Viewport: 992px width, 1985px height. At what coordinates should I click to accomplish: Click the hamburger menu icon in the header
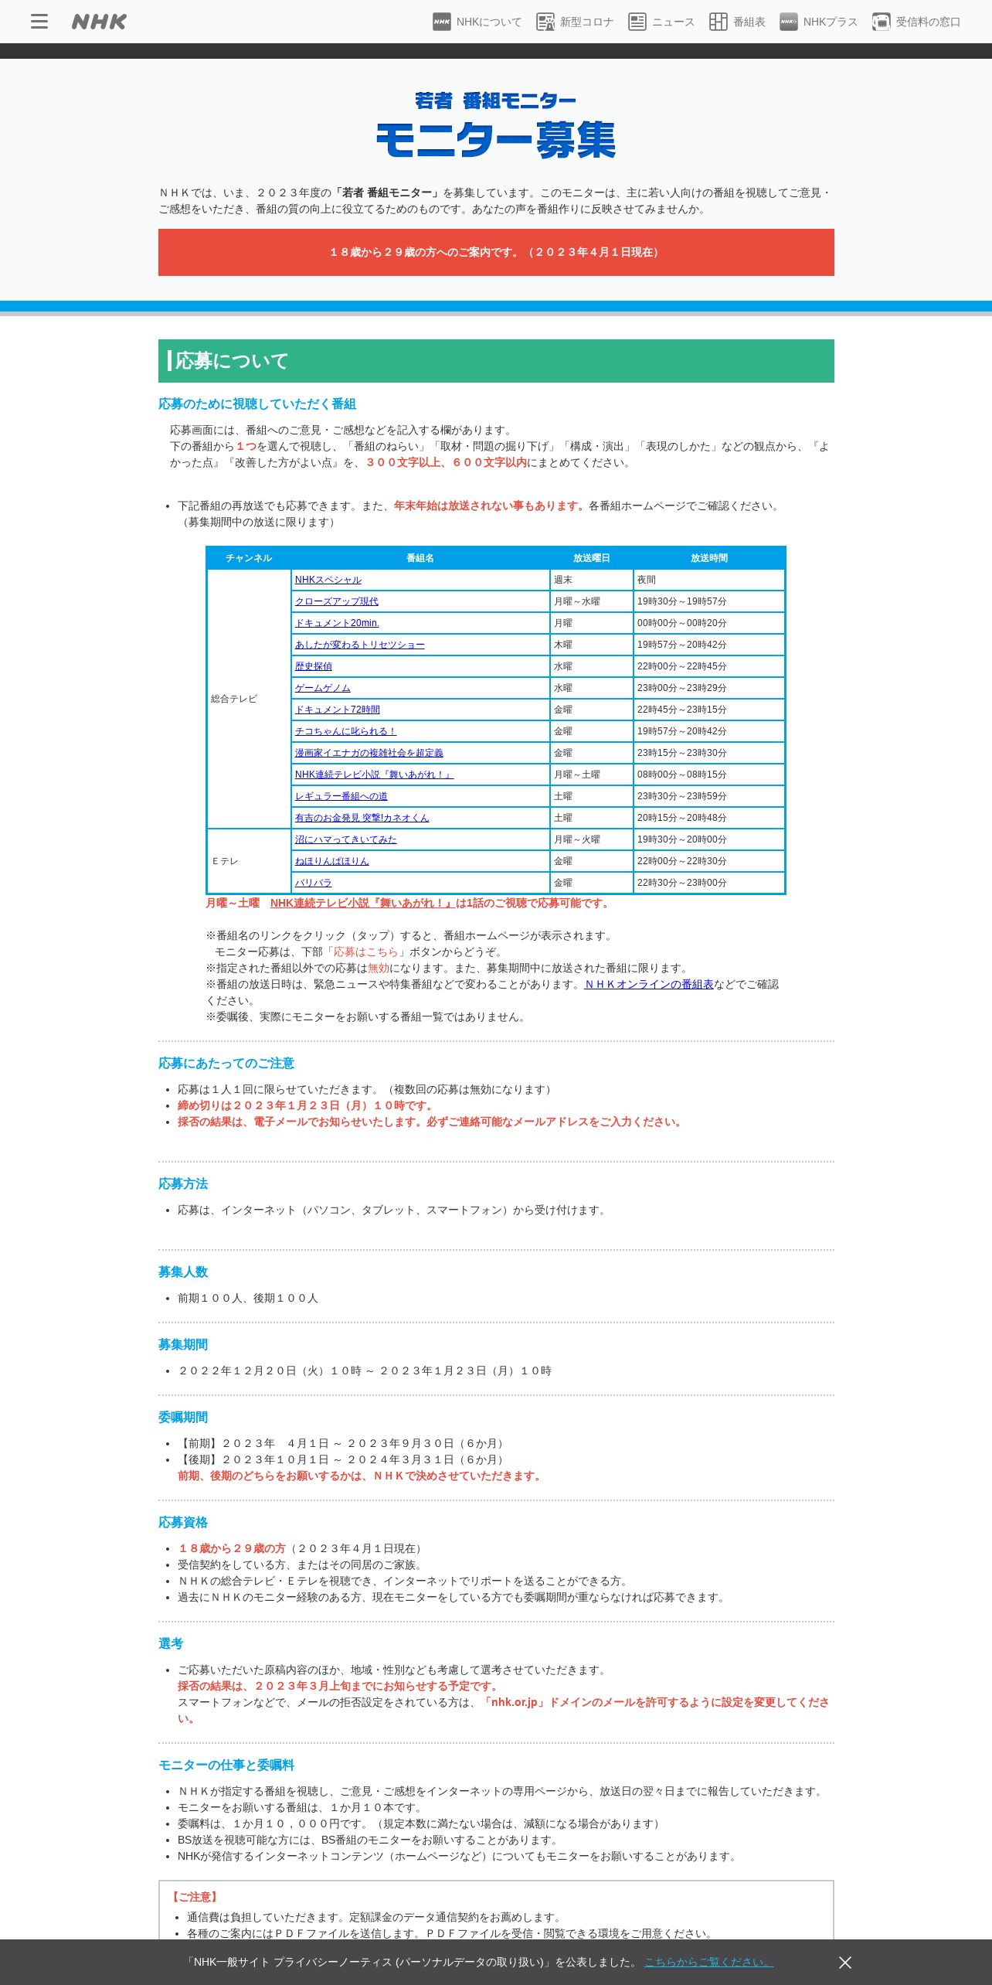pos(39,22)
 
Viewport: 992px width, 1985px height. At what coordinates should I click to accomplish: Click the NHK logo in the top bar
pos(99,22)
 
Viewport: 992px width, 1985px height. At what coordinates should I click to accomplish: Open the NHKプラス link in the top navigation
pos(819,22)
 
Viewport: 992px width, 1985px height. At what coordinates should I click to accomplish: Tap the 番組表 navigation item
pos(738,22)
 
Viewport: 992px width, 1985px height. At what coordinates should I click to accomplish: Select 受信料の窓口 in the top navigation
pos(916,22)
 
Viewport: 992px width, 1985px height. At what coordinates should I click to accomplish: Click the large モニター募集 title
pos(496,140)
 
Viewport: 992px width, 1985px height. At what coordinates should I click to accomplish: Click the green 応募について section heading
pos(496,361)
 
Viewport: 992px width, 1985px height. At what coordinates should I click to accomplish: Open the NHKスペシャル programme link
pos(328,580)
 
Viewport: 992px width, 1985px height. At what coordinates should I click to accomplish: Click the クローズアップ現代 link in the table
pos(336,601)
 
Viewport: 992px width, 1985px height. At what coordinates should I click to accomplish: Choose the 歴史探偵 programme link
pos(313,666)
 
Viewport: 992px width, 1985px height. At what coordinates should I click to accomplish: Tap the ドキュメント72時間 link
pos(337,710)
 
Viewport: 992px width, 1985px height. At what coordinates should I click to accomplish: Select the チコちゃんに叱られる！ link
pos(345,731)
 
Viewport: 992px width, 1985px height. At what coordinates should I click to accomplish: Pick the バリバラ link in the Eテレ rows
pos(313,883)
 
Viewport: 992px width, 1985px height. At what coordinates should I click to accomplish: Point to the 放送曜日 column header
pos(591,558)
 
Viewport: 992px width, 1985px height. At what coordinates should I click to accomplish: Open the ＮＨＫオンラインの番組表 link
pos(649,984)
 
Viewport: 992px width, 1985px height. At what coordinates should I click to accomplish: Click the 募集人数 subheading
pos(183,1272)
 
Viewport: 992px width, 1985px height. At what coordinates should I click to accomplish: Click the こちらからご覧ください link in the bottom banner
pos(708,1962)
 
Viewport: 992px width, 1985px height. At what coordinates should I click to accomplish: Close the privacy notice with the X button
pos(845,1963)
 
